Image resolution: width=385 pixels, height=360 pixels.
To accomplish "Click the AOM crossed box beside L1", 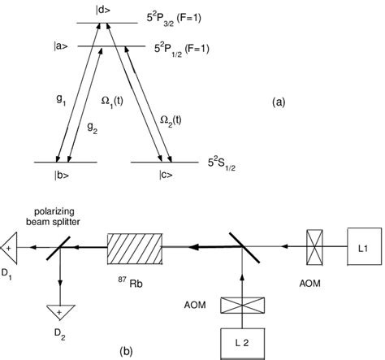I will pos(308,242).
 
